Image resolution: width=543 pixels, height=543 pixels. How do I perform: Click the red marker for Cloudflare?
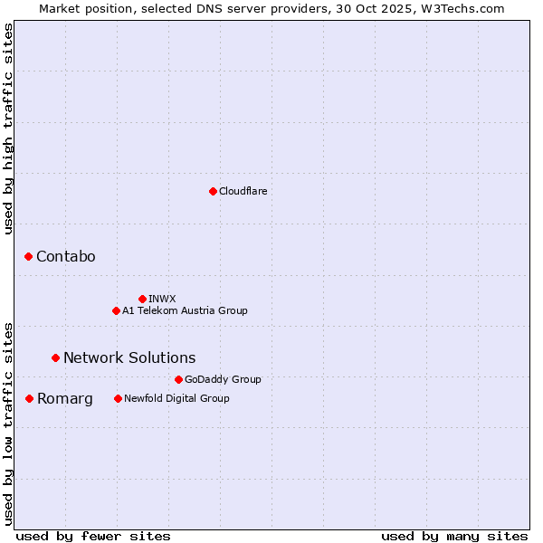tap(213, 191)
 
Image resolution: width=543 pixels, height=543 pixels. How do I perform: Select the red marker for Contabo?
tap(28, 257)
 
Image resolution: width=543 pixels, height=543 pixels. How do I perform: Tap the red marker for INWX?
tap(142, 299)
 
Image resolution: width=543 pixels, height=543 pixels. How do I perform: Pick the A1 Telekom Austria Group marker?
tap(116, 310)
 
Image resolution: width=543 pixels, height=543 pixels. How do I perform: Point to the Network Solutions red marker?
tap(55, 357)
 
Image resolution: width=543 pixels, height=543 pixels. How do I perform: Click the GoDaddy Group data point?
tap(178, 379)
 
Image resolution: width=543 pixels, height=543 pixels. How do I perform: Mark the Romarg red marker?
tap(29, 398)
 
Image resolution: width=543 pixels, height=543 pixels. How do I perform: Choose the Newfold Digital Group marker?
tap(118, 398)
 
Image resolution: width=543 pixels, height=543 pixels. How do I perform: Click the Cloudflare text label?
tap(243, 191)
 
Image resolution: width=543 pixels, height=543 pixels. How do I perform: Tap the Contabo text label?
tap(65, 257)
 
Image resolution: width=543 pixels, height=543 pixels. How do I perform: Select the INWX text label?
tap(162, 299)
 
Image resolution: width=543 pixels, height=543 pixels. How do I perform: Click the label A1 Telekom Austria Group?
tap(185, 310)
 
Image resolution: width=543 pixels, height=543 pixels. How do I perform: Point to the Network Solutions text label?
tap(129, 357)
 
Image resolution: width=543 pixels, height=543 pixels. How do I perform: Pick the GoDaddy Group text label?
tap(223, 379)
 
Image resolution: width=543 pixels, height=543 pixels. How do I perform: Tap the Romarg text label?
tap(64, 398)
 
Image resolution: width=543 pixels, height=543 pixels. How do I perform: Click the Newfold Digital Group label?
tap(176, 398)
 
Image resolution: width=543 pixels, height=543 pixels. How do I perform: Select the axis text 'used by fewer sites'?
tap(93, 536)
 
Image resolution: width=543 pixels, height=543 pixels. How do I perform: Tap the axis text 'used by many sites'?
tap(454, 536)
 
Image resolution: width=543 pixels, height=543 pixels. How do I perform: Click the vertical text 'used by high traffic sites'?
tap(9, 129)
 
